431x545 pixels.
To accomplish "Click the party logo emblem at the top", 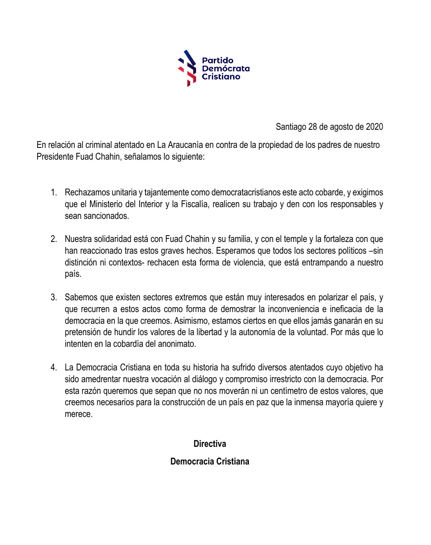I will (x=187, y=68).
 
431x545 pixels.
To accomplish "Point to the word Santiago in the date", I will (x=291, y=127).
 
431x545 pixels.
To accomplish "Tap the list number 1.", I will (x=54, y=193).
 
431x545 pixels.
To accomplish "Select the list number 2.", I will (x=54, y=239).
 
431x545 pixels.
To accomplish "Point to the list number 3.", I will (x=54, y=297).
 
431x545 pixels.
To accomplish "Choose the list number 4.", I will (x=54, y=367).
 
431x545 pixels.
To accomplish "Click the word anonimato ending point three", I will (x=175, y=344).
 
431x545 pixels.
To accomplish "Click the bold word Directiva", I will (x=210, y=444).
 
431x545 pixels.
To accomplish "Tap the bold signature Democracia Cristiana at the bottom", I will (x=210, y=462).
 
